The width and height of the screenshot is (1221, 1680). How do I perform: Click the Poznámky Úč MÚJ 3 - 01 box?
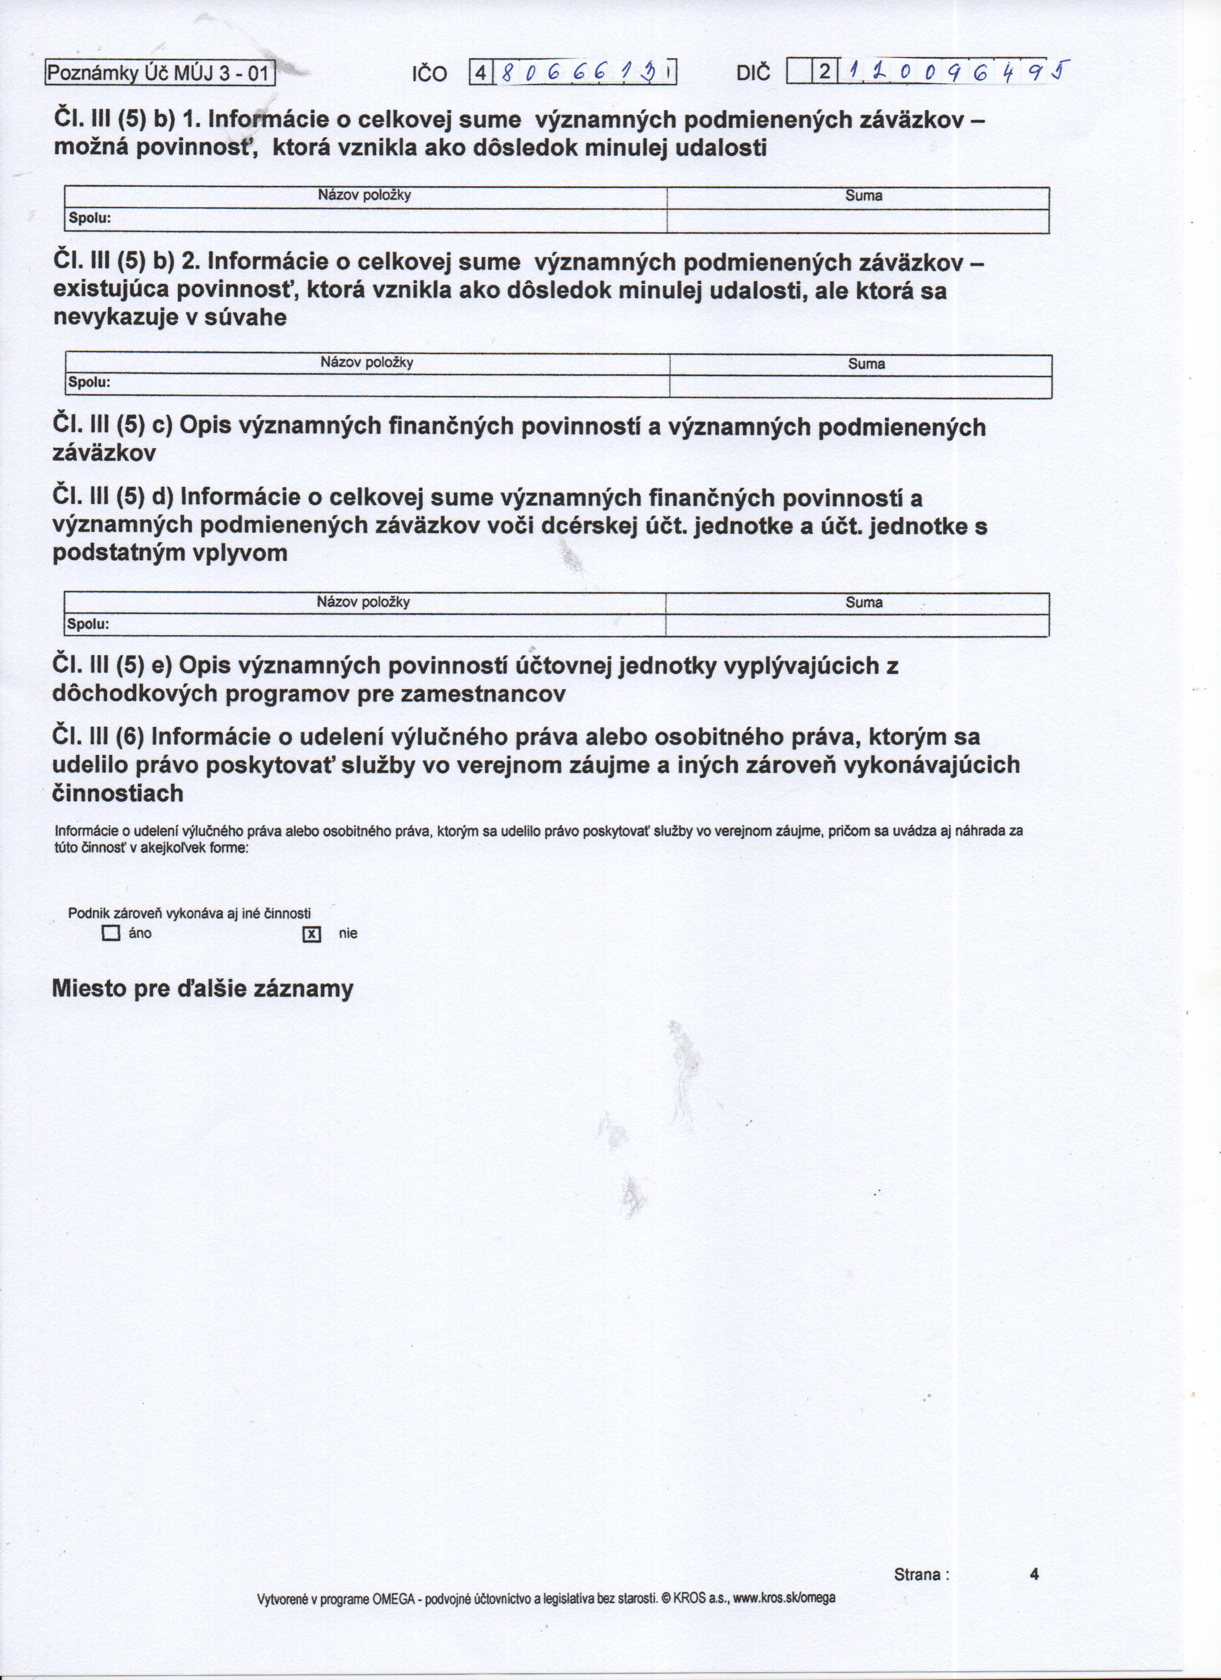coord(160,73)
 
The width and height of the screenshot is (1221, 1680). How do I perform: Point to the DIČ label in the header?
coord(754,73)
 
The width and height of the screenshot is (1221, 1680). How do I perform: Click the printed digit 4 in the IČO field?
coord(481,73)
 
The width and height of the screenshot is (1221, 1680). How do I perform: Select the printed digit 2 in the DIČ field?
coord(824,73)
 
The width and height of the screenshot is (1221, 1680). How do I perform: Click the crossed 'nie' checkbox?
coord(311,934)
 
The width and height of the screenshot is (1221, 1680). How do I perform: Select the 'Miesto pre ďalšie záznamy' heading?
coord(202,990)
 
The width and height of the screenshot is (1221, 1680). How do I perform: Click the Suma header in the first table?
coord(863,196)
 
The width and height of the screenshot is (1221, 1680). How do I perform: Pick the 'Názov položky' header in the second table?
coord(367,363)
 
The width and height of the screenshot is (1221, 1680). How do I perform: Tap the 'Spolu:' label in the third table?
coord(88,625)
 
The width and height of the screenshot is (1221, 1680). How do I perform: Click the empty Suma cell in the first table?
coord(858,220)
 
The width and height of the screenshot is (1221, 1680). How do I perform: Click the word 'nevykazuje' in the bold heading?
coord(113,318)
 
